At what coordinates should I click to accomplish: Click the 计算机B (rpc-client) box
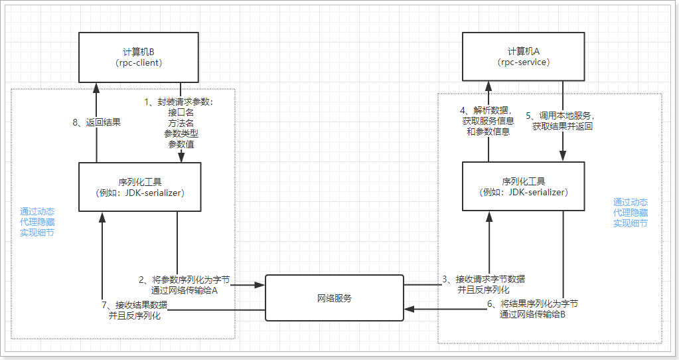pyautogui.click(x=139, y=57)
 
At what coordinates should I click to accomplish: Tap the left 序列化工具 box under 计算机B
pyautogui.click(x=139, y=187)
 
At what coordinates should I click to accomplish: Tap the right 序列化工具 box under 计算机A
pyautogui.click(x=524, y=187)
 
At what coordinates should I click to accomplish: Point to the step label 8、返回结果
pyautogui.click(x=96, y=122)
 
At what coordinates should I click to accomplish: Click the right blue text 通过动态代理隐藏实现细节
pyautogui.click(x=631, y=213)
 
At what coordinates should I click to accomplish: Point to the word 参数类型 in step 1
pyautogui.click(x=181, y=134)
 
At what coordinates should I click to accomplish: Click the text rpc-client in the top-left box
pyautogui.click(x=139, y=62)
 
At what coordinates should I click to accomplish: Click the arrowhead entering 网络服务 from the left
pyautogui.click(x=262, y=286)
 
